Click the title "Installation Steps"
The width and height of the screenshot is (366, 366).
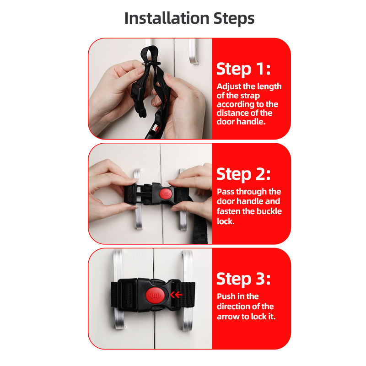click(189, 18)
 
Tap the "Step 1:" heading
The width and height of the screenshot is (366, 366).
click(243, 69)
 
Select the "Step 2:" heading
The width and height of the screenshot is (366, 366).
click(243, 174)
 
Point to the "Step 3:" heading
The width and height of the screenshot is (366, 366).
click(243, 279)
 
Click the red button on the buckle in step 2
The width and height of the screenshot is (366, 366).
click(166, 194)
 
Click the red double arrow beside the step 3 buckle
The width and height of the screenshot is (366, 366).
click(176, 295)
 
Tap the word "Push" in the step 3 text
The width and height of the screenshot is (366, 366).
click(226, 296)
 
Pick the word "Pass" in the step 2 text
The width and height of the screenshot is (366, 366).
click(226, 192)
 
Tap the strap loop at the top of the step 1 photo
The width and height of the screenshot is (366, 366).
click(149, 54)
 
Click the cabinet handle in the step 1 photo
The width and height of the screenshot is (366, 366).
click(193, 52)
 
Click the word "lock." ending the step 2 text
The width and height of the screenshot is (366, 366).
click(226, 221)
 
